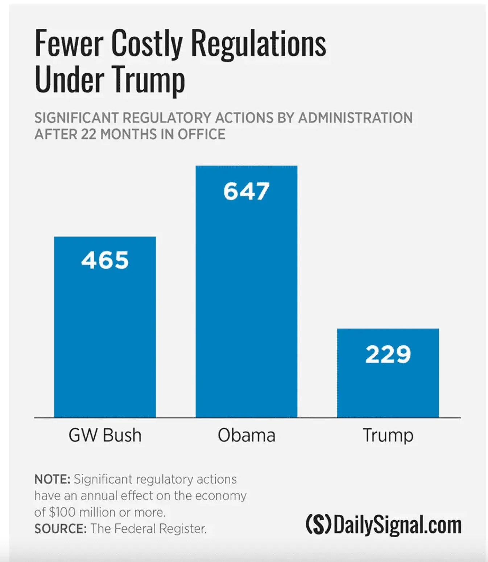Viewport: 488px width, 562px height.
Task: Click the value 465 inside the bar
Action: click(x=105, y=260)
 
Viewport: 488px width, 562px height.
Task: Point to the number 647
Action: click(x=246, y=191)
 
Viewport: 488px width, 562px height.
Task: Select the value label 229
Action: click(x=388, y=354)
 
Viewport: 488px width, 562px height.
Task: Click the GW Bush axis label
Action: click(x=105, y=435)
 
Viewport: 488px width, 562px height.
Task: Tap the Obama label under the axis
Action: click(x=246, y=435)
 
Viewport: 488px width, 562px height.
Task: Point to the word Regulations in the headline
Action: click(x=258, y=44)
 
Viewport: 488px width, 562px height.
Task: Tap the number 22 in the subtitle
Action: click(x=88, y=134)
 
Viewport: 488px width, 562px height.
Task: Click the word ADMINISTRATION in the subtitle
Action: click(x=355, y=118)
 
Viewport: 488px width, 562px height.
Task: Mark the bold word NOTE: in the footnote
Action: click(x=52, y=479)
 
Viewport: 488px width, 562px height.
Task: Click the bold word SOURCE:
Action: click(x=60, y=529)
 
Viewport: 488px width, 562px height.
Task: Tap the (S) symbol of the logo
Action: click(x=318, y=525)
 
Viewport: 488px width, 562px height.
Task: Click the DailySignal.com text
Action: click(x=397, y=525)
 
